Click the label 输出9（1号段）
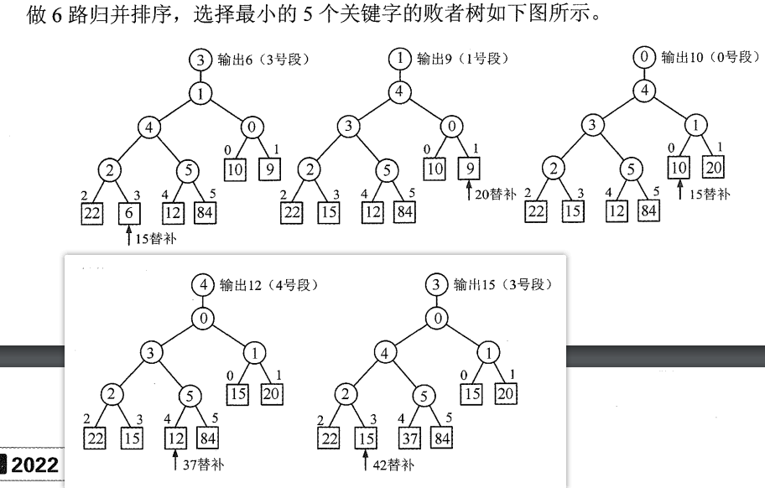pyautogui.click(x=463, y=59)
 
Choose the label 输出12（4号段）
pyautogui.click(x=268, y=284)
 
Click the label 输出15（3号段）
pyautogui.click(x=502, y=284)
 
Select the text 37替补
pyautogui.click(x=203, y=463)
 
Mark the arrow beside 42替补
pyautogui.click(x=366, y=461)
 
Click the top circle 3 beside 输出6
pyautogui.click(x=200, y=60)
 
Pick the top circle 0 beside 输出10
pyautogui.click(x=644, y=58)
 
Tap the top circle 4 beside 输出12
pyautogui.click(x=202, y=285)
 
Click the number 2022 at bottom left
pyautogui.click(x=35, y=465)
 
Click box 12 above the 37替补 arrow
pyautogui.click(x=174, y=438)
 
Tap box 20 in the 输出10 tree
pyautogui.click(x=713, y=168)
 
